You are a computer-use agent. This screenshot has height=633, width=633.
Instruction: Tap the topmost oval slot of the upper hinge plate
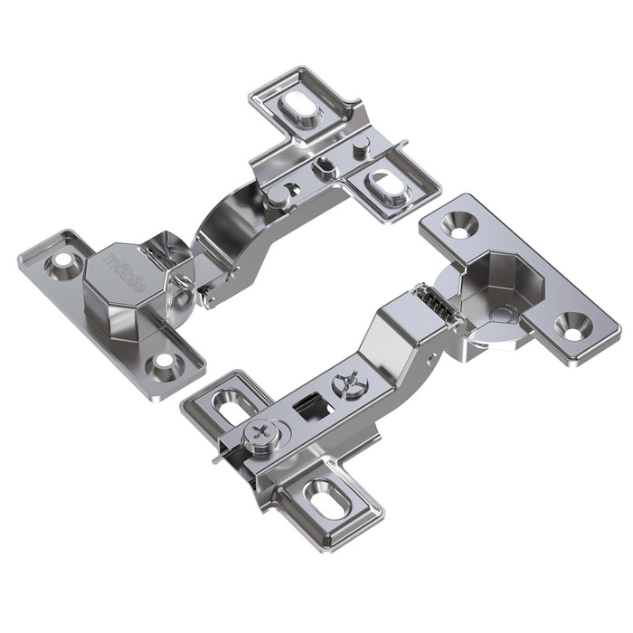[x=297, y=109]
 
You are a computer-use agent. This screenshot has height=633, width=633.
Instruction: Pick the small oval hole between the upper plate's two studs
[x=322, y=166]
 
